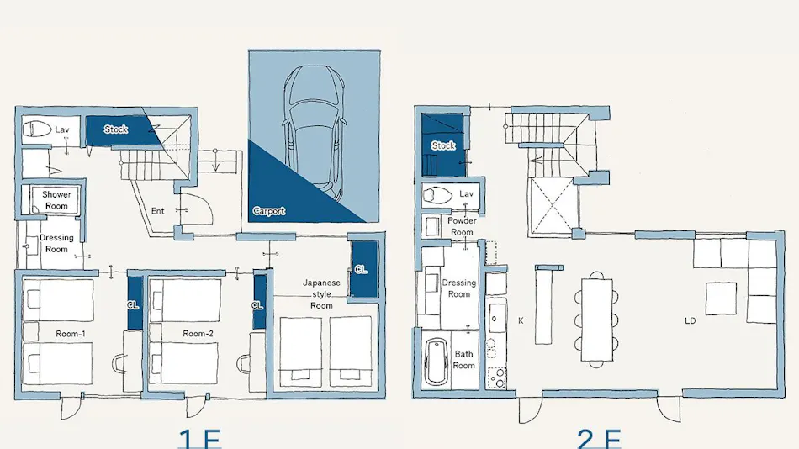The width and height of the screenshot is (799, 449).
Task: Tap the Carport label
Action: click(269, 211)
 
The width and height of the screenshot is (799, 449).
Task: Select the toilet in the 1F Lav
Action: click(37, 129)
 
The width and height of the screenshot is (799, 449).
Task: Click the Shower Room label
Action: click(56, 200)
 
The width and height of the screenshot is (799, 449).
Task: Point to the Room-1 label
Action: click(71, 334)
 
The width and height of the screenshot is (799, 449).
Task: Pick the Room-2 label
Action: click(198, 334)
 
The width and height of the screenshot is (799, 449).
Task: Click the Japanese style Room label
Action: click(321, 294)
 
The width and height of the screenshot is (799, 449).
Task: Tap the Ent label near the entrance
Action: click(158, 211)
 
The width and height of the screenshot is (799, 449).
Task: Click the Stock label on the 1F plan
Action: click(116, 129)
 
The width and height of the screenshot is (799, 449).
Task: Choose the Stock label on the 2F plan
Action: click(443, 145)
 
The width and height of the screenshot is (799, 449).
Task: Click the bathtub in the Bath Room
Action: click(437, 362)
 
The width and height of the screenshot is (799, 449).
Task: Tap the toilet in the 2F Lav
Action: click(437, 195)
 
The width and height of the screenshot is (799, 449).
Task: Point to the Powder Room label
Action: click(463, 226)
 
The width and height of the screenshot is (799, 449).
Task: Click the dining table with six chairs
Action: click(596, 320)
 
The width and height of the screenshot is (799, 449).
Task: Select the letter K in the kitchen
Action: click(521, 320)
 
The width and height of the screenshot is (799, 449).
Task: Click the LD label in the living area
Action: click(690, 320)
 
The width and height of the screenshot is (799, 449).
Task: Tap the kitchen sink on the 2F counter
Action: click(496, 318)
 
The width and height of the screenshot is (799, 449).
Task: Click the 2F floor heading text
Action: click(599, 439)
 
